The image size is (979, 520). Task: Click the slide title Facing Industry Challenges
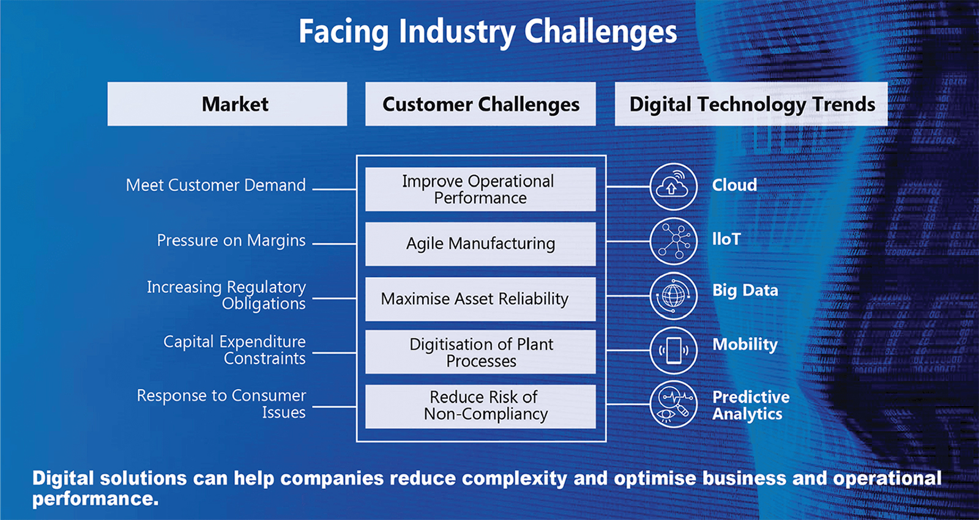pyautogui.click(x=488, y=32)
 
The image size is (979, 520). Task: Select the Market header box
pyautogui.click(x=227, y=104)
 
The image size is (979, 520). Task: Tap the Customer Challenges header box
pyautogui.click(x=480, y=104)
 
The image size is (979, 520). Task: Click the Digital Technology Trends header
pyautogui.click(x=751, y=104)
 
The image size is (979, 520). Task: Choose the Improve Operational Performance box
pyautogui.click(x=480, y=189)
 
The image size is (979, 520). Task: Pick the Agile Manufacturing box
pyautogui.click(x=480, y=243)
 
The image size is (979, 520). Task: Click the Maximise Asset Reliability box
pyautogui.click(x=480, y=299)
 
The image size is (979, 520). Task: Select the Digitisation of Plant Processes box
pyautogui.click(x=480, y=352)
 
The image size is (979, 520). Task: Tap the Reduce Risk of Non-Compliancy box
pyautogui.click(x=480, y=406)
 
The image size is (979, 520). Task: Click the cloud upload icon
pyautogui.click(x=673, y=186)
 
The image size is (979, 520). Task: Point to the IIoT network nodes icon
pyautogui.click(x=673, y=240)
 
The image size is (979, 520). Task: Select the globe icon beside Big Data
pyautogui.click(x=673, y=295)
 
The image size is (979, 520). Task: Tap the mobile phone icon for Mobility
pyautogui.click(x=673, y=351)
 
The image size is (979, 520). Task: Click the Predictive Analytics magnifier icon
pyautogui.click(x=673, y=404)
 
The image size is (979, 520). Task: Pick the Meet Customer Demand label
pyautogui.click(x=215, y=185)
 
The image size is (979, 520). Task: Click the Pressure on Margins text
pyautogui.click(x=231, y=240)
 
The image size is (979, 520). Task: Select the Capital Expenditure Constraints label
pyautogui.click(x=234, y=350)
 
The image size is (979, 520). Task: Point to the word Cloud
pyautogui.click(x=734, y=185)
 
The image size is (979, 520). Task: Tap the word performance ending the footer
pyautogui.click(x=95, y=499)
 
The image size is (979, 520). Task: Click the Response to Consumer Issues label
pyautogui.click(x=221, y=404)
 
